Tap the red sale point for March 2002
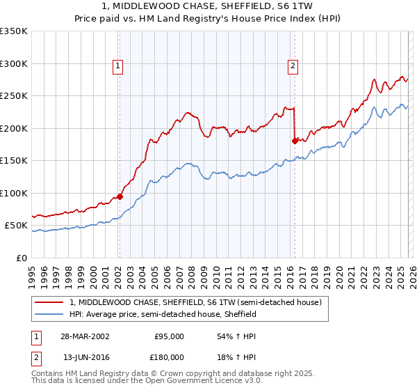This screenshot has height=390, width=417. [x=120, y=196]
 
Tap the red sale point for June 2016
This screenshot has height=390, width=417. [x=295, y=141]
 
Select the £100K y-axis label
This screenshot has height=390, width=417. [x=14, y=193]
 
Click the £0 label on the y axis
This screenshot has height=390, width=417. [x=21, y=258]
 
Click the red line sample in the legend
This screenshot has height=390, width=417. [x=49, y=303]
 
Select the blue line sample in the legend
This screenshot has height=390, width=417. [x=49, y=315]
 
